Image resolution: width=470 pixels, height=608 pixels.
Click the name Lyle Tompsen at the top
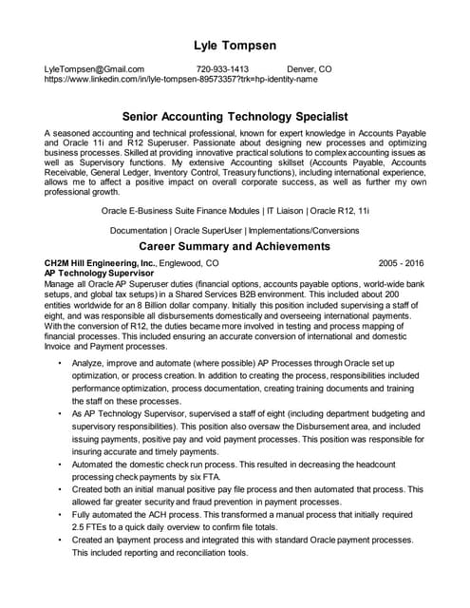point(235,45)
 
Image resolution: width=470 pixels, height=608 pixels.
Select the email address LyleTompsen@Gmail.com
point(94,69)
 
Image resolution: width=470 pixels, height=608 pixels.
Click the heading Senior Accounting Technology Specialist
point(235,115)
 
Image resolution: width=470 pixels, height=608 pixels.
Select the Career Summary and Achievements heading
point(235,246)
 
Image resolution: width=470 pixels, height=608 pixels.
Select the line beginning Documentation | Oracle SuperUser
point(235,230)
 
